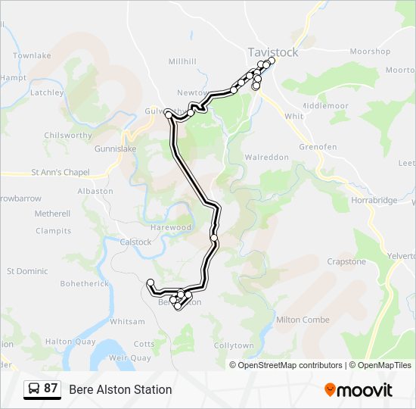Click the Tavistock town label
tap(273, 52)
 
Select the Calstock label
tap(136, 242)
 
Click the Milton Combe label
tap(303, 320)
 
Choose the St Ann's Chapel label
tap(61, 172)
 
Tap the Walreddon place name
tap(267, 157)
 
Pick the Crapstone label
tap(346, 261)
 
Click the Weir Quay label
tap(130, 357)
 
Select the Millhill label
tap(182, 61)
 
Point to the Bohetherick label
tap(85, 283)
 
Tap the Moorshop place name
tap(371, 52)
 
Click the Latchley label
tap(46, 93)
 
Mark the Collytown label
tap(234, 345)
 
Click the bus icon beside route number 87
tap(34, 389)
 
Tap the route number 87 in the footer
tap(51, 389)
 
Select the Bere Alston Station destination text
tap(120, 389)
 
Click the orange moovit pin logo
tap(330, 389)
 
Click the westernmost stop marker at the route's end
tap(150, 283)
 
